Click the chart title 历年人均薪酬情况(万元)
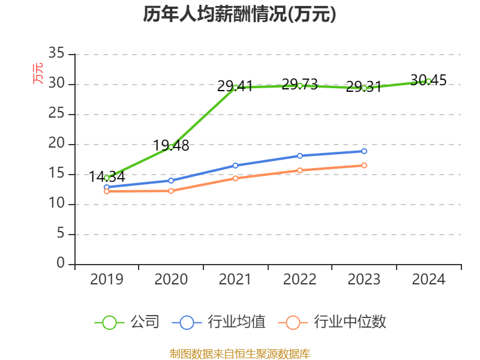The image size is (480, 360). [239, 14]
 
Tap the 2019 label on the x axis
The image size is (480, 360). [107, 279]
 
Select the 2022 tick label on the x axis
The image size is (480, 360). [299, 279]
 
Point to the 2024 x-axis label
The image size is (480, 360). [428, 279]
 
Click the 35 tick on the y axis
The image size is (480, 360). [56, 54]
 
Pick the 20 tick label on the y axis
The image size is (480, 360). [56, 144]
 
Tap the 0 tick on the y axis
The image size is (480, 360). [61, 264]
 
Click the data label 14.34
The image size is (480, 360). [107, 176]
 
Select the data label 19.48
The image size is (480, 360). [171, 145]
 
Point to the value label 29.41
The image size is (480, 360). [235, 86]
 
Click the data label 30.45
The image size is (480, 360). [428, 80]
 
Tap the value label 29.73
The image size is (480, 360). [299, 84]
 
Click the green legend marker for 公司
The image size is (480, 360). [109, 322]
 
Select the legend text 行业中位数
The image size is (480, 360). [350, 322]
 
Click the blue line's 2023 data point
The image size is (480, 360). [364, 151]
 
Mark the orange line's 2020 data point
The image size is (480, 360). [171, 191]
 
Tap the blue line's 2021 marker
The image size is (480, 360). [235, 166]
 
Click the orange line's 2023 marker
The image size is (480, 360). [364, 165]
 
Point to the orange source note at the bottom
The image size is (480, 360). [239, 353]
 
